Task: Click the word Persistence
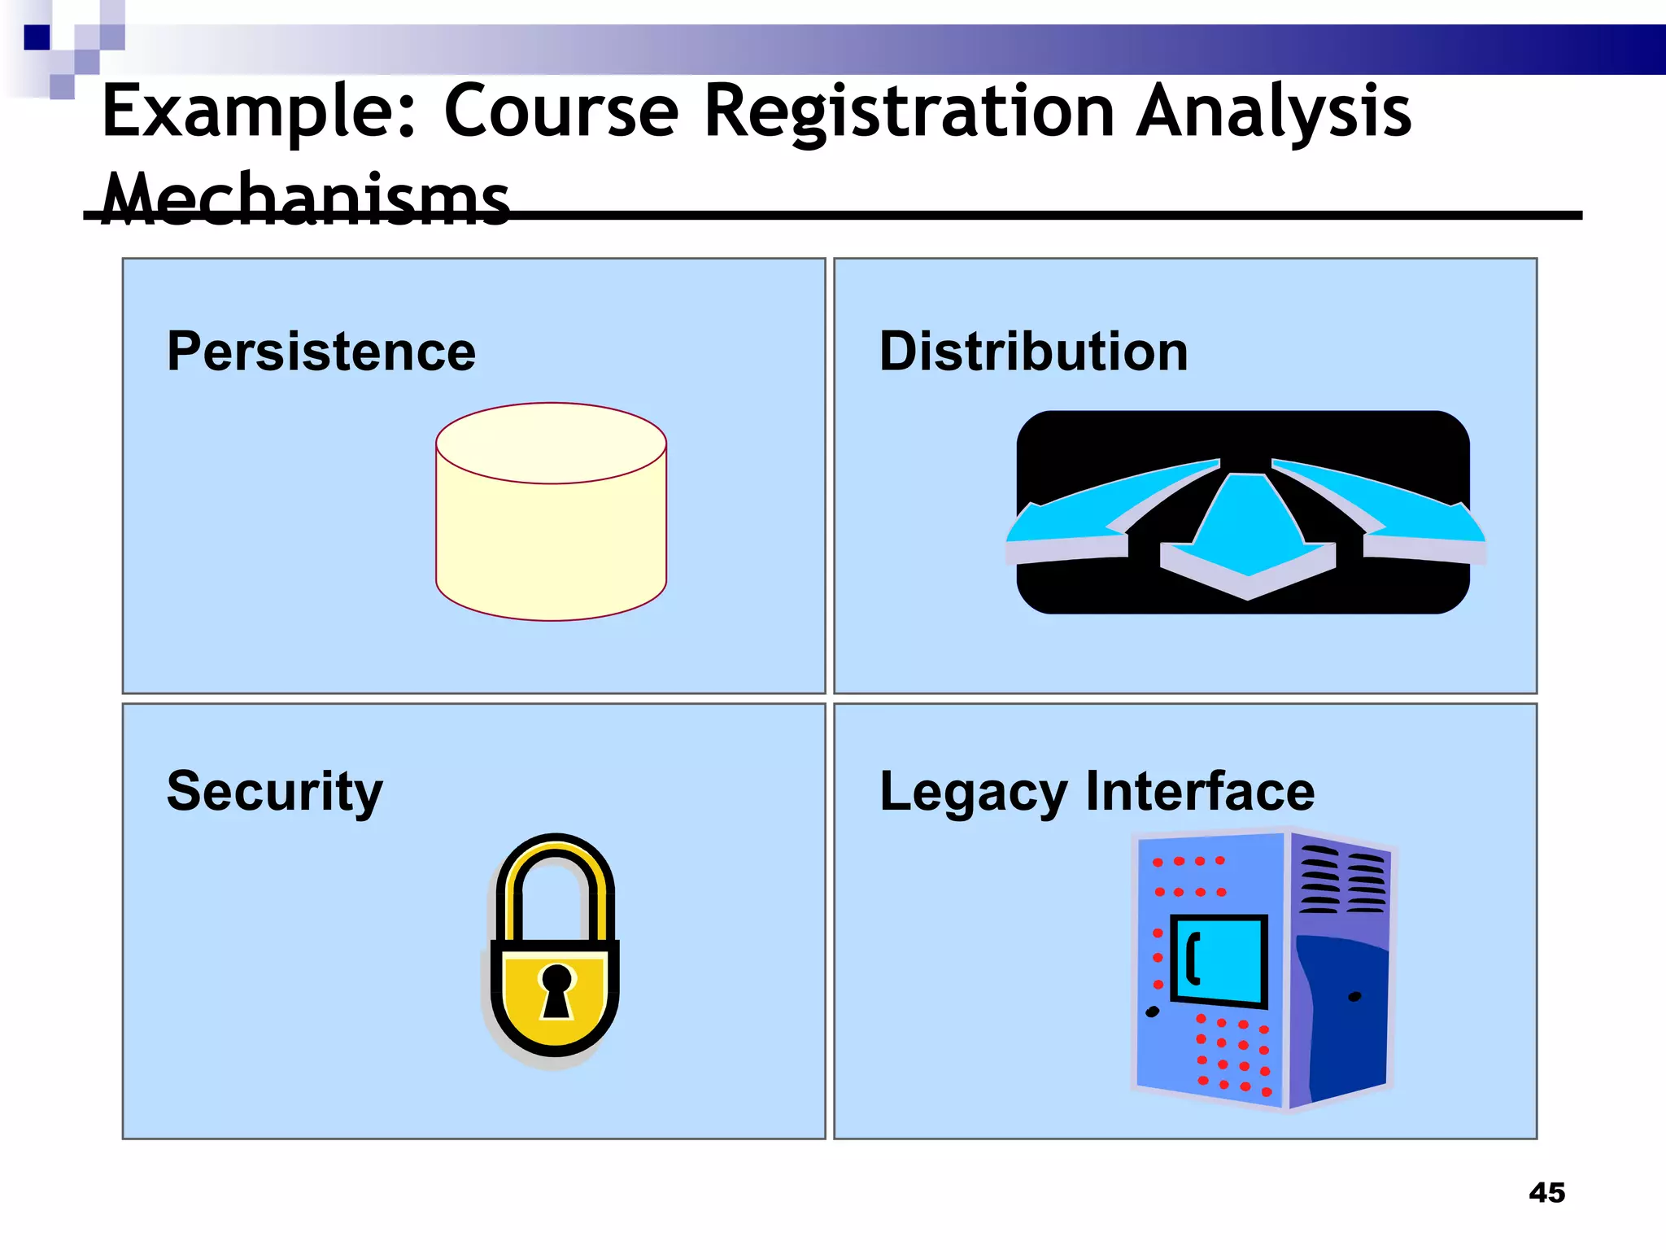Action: point(321,352)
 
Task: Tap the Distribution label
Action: point(1033,352)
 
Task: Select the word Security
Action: point(274,791)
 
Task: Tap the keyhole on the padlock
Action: point(556,989)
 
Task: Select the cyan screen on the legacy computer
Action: point(1220,960)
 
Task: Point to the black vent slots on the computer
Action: point(1342,879)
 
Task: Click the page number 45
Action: point(1546,1193)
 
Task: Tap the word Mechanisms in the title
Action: point(305,199)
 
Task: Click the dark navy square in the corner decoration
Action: point(37,37)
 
